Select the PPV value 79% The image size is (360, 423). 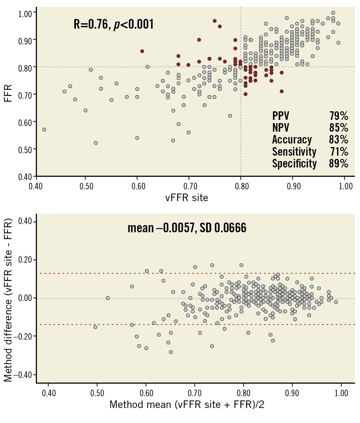coord(339,116)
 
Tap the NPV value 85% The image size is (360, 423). coord(339,128)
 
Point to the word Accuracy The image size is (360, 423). coord(292,140)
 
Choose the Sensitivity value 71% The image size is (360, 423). coord(339,152)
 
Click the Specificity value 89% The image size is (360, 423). coord(339,164)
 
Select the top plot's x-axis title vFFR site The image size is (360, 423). coord(186,198)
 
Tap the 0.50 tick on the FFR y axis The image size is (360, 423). coord(25,149)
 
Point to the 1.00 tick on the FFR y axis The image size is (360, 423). coord(25,13)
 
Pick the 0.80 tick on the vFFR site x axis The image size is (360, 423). coord(241,186)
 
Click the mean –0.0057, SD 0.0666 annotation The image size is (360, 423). coord(187,228)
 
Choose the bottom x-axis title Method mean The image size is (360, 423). coord(187,405)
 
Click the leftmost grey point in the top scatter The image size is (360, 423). coord(44,130)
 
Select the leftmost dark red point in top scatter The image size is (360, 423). coord(142,51)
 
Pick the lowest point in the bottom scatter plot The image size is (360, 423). coord(171,352)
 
